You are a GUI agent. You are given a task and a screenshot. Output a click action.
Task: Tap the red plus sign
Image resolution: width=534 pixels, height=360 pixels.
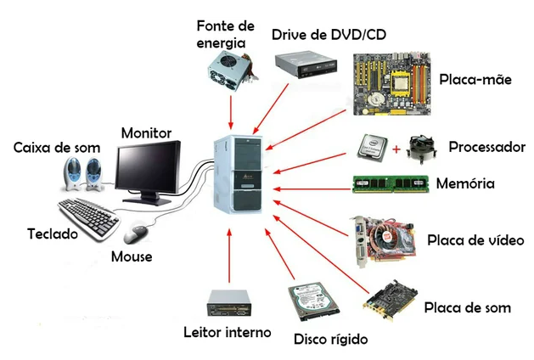[396, 150]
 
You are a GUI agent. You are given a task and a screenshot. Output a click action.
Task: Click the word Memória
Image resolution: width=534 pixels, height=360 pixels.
[464, 183]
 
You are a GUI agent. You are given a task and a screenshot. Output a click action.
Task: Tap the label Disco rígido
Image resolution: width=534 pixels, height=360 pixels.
[330, 340]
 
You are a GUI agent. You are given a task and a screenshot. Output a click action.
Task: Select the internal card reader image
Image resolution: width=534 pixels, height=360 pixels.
[228, 303]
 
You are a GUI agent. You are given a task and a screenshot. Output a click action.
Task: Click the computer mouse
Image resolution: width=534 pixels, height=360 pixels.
[135, 233]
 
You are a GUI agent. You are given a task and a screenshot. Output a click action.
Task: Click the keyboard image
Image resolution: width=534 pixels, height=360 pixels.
[89, 216]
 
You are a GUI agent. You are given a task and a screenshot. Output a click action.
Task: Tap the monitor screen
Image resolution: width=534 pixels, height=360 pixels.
[149, 168]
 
